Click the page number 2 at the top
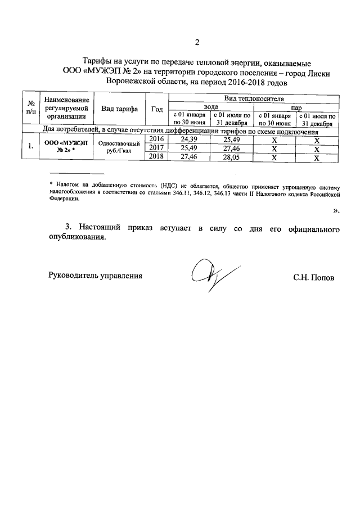[196, 42]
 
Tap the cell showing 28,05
[232, 158]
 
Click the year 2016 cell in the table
[157, 139]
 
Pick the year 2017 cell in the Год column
[157, 148]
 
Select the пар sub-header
[296, 106]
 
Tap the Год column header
[157, 109]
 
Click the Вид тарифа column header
[120, 109]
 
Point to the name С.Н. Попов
[313, 277]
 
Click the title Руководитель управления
[96, 276]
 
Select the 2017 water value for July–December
[232, 148]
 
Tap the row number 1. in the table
[30, 148]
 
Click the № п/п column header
[30, 109]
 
